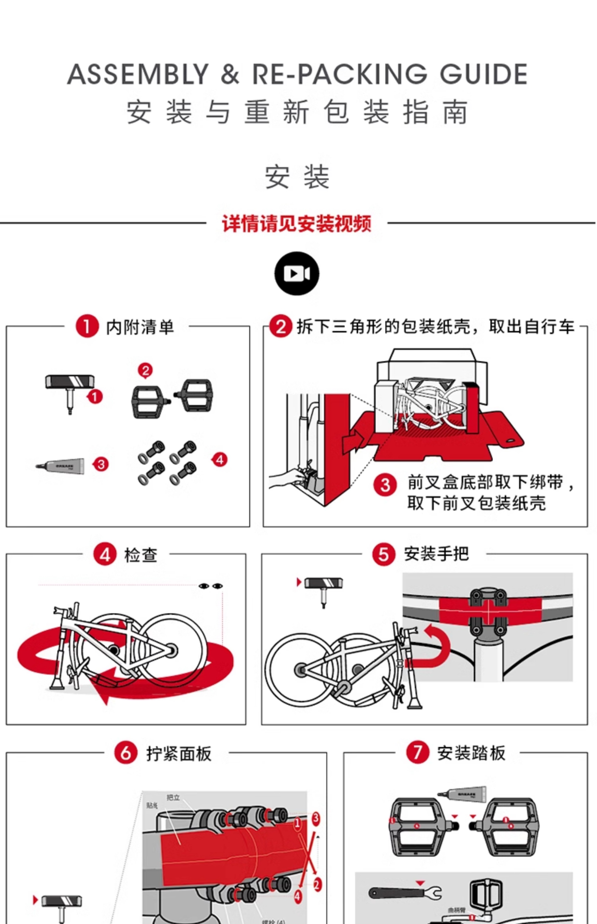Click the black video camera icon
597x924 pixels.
(x=297, y=274)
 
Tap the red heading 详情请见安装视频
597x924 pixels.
(x=297, y=224)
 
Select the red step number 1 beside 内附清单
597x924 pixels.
(x=87, y=326)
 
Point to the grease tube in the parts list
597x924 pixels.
(x=61, y=466)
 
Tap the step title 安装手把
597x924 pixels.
(x=436, y=554)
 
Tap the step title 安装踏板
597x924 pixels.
(x=471, y=753)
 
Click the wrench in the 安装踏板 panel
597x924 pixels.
(x=405, y=893)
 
